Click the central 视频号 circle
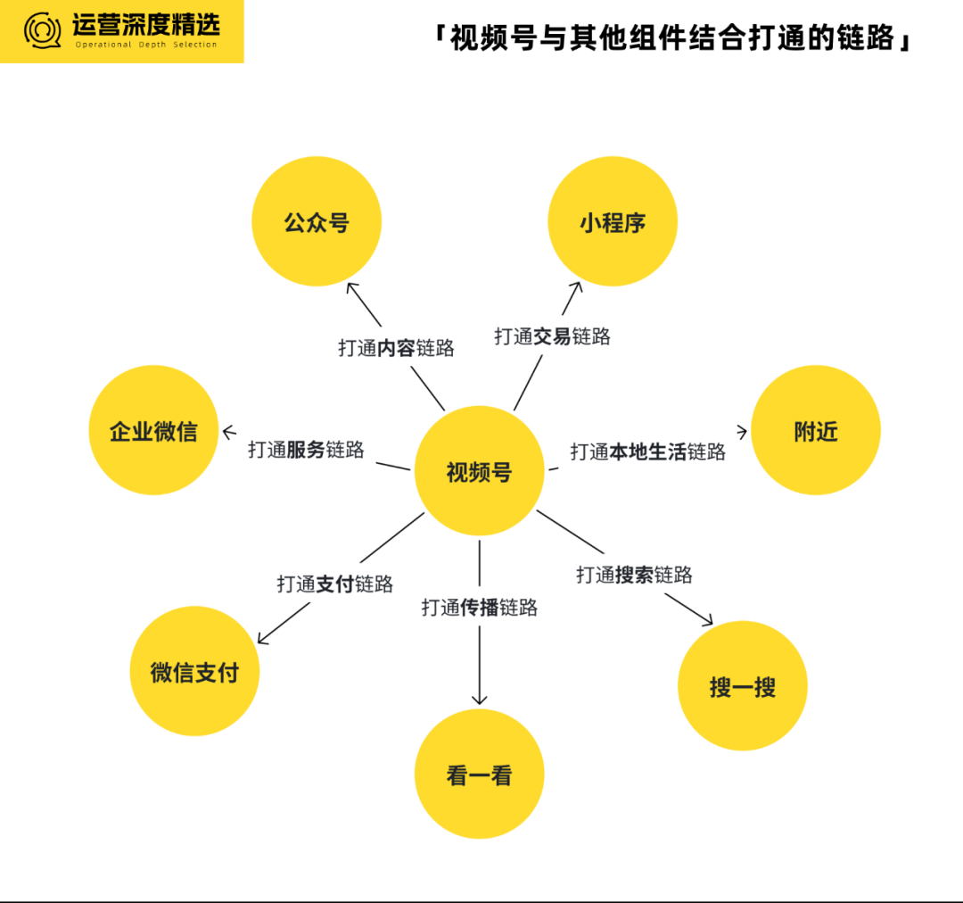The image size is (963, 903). pos(479,471)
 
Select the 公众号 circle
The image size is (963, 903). pos(317,221)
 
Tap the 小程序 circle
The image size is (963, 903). pos(613,221)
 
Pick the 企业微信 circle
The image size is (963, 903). pos(153,430)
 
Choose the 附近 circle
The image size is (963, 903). pos(816,430)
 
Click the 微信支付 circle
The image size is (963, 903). pos(194,671)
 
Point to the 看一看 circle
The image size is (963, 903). pos(479,774)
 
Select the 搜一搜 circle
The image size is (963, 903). pos(743,685)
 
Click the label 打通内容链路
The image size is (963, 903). pos(396,348)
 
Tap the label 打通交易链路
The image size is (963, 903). pos(552,336)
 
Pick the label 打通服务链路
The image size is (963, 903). pos(306,450)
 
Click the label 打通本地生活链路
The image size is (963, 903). pos(648,451)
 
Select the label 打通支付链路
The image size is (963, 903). pos(334,584)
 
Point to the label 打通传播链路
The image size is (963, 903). pos(479,608)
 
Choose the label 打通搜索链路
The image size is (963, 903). pos(634,575)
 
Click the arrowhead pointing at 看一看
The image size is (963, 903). pos(479,700)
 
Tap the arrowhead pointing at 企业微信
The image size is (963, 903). pos(227,432)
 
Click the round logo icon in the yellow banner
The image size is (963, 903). pos(43,30)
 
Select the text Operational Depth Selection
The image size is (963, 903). pos(146,45)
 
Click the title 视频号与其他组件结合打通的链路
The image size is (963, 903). pos(672,38)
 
